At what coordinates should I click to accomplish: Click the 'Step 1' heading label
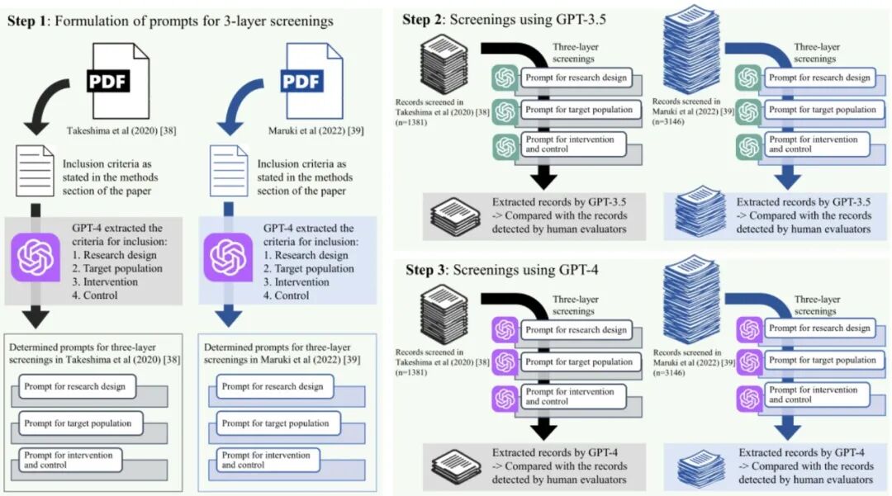27,21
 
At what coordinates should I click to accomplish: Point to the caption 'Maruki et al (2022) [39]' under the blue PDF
310,130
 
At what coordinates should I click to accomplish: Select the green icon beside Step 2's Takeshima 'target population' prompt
504,111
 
